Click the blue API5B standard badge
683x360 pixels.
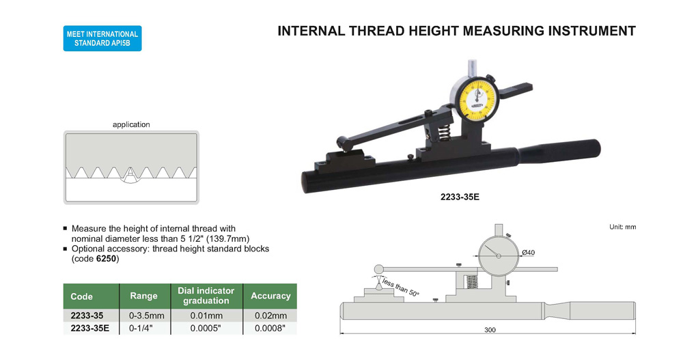[102, 38]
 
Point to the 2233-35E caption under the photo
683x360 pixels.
[460, 197]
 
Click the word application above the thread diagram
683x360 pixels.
[131, 124]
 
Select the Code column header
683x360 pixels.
[81, 296]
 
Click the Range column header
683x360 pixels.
[143, 296]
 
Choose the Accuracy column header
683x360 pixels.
[270, 296]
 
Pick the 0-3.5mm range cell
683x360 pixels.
[147, 316]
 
